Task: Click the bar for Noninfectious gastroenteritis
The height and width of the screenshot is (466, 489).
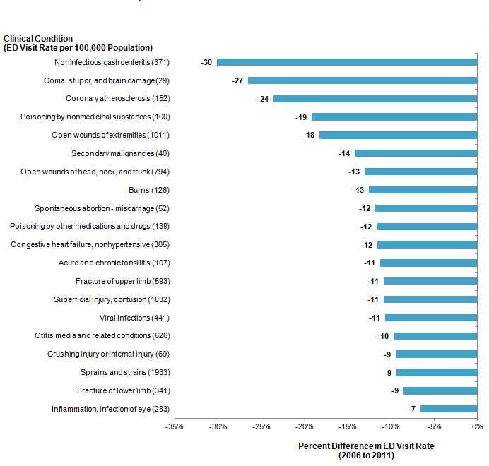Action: coord(347,62)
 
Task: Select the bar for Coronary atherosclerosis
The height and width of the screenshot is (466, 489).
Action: coord(375,99)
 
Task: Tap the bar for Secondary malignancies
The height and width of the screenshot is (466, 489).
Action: coord(416,153)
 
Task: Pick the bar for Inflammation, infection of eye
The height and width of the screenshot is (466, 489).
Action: coord(449,409)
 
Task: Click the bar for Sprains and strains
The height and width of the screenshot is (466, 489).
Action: coord(437,372)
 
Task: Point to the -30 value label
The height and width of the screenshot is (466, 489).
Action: coord(206,62)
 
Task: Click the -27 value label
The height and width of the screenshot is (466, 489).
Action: coord(237,80)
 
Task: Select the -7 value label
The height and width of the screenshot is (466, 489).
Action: coord(412,409)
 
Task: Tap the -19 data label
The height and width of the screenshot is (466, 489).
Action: coord(301,116)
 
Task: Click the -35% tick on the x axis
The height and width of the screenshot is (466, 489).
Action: coord(175,426)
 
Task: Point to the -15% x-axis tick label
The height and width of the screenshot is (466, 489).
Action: coord(348,426)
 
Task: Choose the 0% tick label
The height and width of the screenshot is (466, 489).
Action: coord(477,426)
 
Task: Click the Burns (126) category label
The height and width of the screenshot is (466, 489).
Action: coord(149,190)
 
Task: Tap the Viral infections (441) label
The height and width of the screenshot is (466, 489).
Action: coord(134,318)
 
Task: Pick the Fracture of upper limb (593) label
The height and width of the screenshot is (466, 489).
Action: coord(122,281)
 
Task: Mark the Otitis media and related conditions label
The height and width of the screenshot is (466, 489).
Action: coord(102,335)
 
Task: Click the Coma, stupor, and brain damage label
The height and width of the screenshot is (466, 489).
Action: coord(107,80)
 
